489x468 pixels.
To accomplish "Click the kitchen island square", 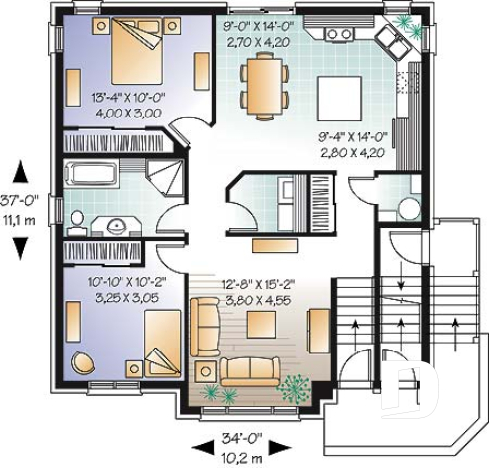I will click(336, 94).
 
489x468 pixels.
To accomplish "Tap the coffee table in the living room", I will click(261, 324).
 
